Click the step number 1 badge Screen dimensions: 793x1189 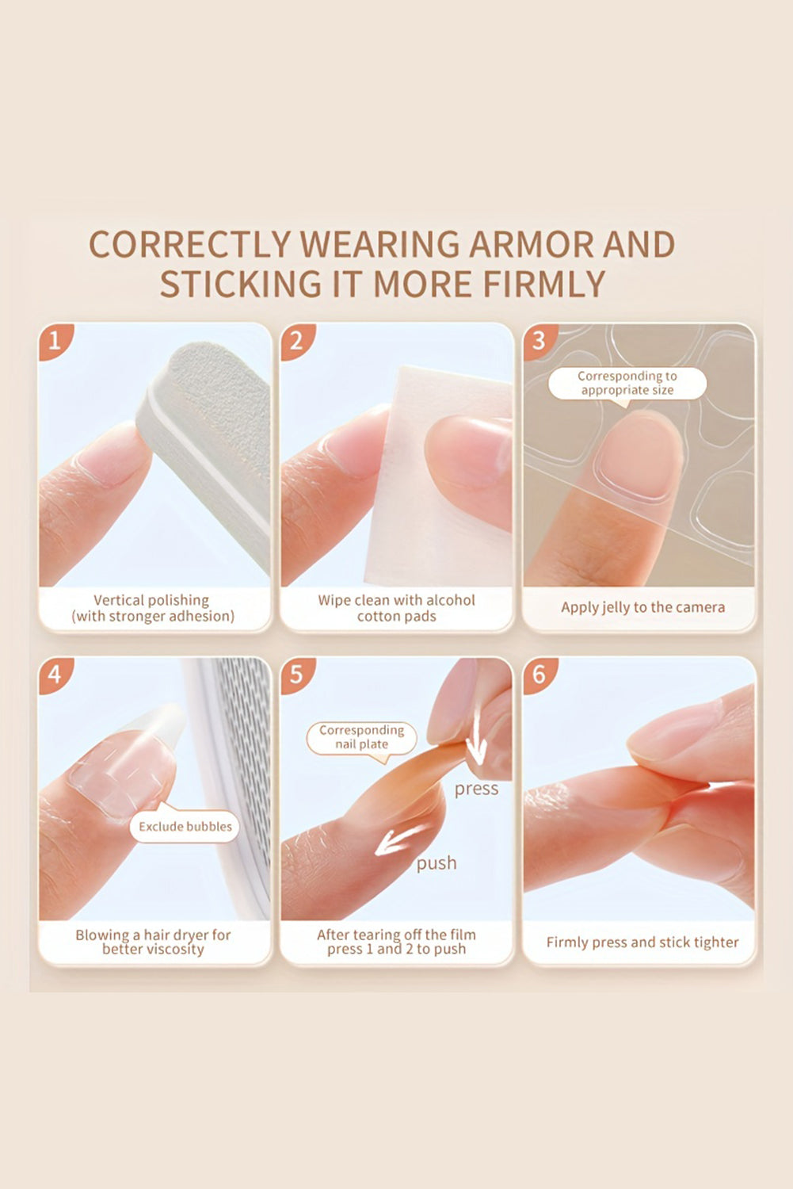coord(55,341)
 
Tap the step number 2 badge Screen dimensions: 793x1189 coord(296,341)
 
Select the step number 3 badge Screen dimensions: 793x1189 coord(539,341)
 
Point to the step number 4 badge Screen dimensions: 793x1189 coord(55,675)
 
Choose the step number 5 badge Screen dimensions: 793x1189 coord(296,675)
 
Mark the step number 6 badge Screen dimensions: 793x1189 coord(539,675)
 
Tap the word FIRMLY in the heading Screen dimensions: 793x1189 coord(544,284)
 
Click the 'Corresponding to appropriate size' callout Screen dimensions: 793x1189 coord(627,384)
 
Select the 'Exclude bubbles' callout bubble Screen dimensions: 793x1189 coord(185,825)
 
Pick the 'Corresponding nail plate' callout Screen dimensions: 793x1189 coord(362,738)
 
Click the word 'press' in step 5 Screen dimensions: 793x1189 coord(476,789)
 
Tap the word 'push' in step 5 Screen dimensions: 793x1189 coord(437,864)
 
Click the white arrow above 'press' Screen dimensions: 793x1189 coord(476,735)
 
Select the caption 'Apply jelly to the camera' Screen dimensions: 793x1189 coord(643,607)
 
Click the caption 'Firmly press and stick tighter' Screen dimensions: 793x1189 coord(642,942)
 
